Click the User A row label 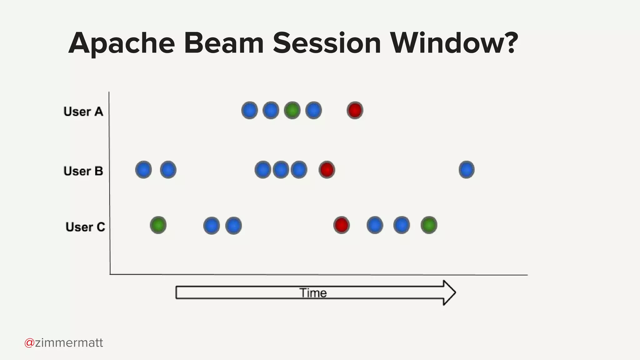(x=83, y=112)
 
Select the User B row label (x=83, y=171)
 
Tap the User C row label (x=85, y=227)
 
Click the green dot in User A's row (x=292, y=110)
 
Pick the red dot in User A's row (x=355, y=110)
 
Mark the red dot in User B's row (x=327, y=170)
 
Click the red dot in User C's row (x=341, y=225)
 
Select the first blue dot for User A (x=249, y=110)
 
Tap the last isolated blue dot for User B (x=466, y=170)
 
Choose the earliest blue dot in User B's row (x=143, y=170)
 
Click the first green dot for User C (x=158, y=225)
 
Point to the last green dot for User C (x=429, y=225)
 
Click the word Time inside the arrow (x=313, y=293)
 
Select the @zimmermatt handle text (x=64, y=343)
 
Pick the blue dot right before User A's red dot (x=313, y=110)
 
